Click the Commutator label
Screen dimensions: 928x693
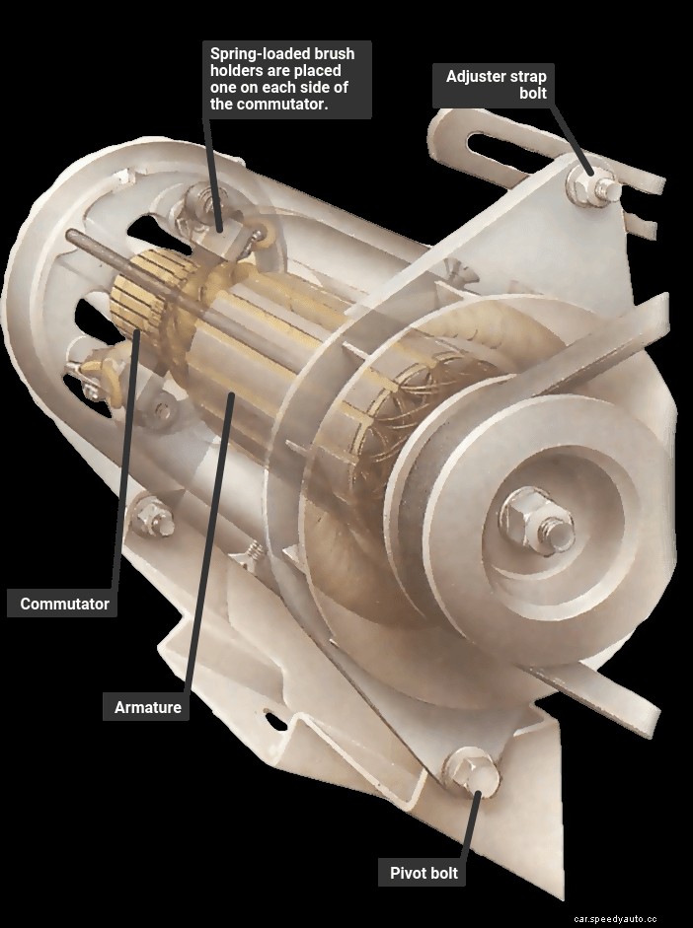[x=64, y=604]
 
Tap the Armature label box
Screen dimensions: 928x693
[x=148, y=707]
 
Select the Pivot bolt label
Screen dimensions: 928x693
[x=423, y=873]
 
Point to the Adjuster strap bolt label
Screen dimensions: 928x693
[x=496, y=85]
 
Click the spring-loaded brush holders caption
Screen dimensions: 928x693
[x=286, y=79]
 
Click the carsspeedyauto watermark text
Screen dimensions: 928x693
[x=627, y=917]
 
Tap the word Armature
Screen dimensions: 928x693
[x=148, y=707]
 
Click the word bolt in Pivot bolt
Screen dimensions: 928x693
[x=442, y=873]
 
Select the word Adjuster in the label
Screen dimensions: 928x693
[x=479, y=76]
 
